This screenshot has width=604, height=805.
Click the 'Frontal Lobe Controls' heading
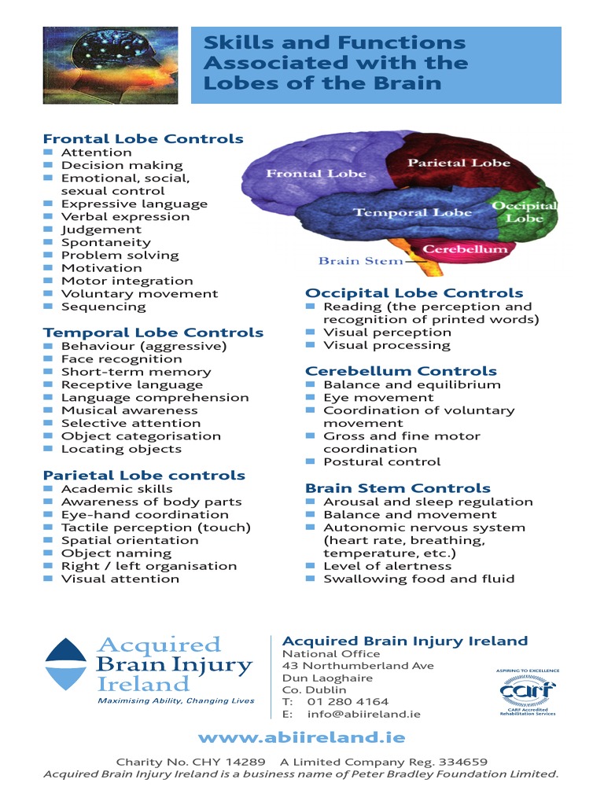(143, 139)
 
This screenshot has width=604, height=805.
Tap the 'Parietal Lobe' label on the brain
(459, 163)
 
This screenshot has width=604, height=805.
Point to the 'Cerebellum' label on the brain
(465, 249)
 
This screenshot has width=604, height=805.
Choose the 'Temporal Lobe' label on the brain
(412, 212)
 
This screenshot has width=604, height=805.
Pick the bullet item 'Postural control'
(381, 461)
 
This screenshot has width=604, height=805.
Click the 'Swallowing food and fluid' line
(418, 579)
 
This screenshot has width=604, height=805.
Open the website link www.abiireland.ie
(301, 737)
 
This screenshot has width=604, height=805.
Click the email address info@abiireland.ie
(363, 714)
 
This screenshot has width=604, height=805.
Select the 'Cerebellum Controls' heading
(400, 371)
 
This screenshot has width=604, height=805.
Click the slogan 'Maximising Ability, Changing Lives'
(175, 700)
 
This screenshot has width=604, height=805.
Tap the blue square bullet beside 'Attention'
(48, 152)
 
